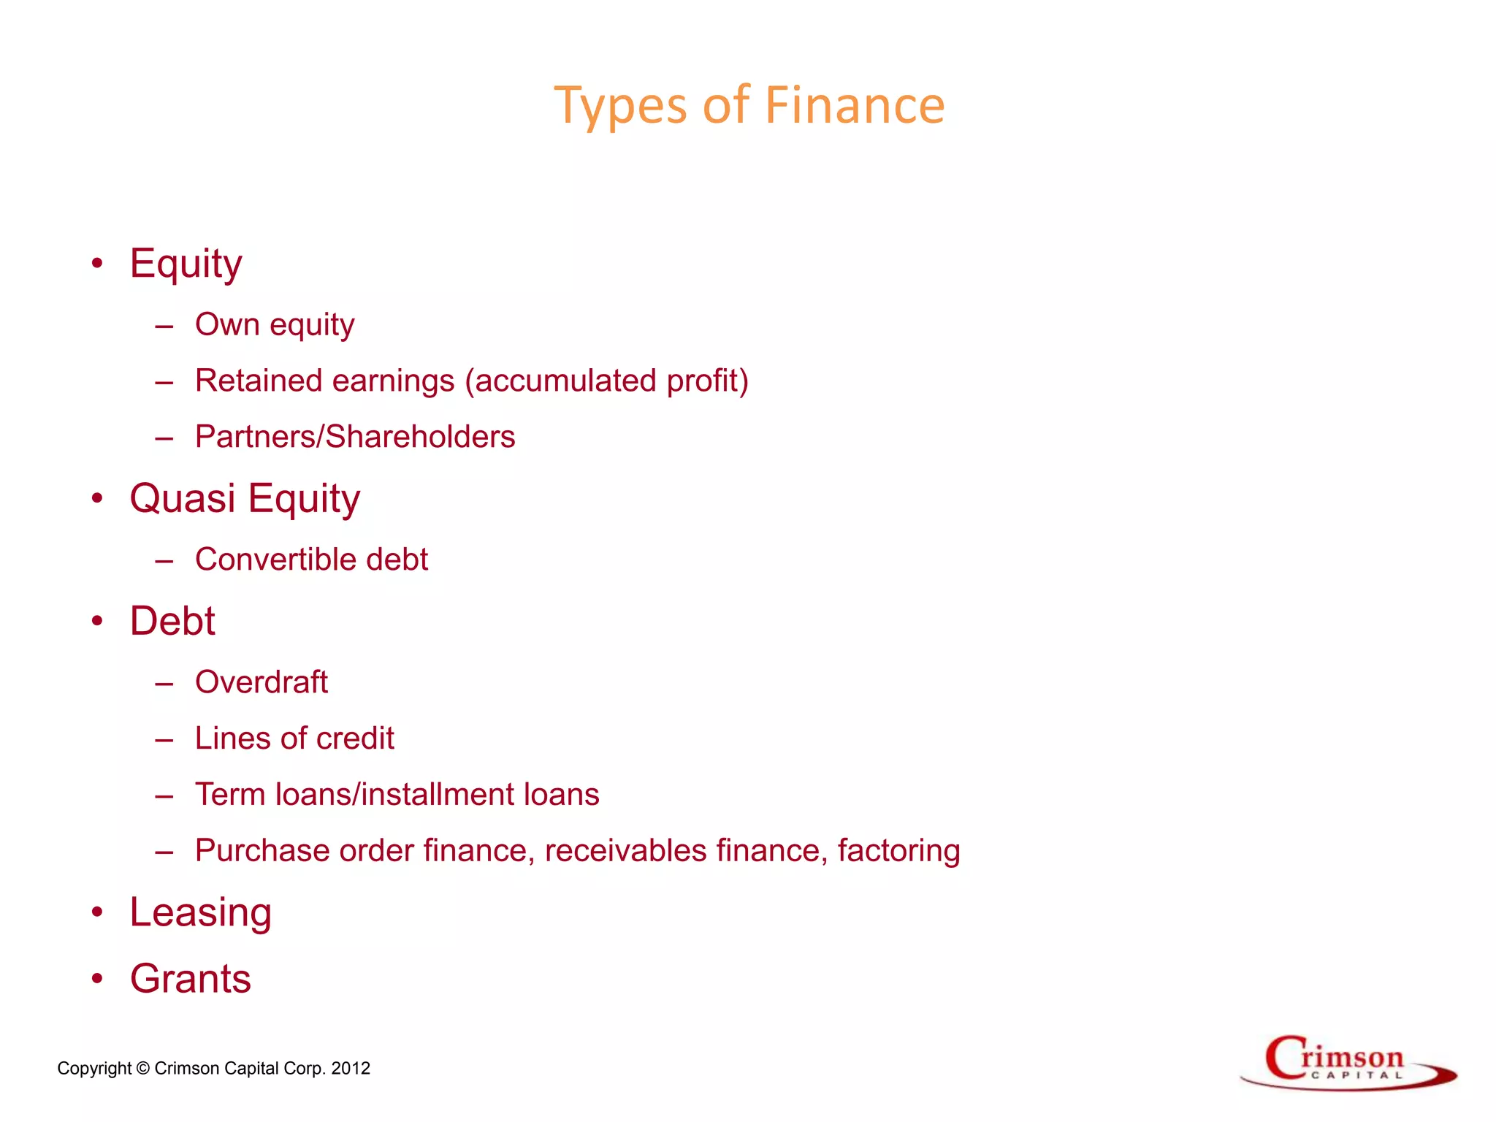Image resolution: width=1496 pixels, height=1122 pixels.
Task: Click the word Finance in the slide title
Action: (x=855, y=106)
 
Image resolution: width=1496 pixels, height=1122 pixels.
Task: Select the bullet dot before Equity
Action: (x=97, y=263)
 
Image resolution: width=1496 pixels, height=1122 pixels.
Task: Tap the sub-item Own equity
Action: (x=275, y=325)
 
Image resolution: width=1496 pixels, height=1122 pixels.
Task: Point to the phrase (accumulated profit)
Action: (x=607, y=381)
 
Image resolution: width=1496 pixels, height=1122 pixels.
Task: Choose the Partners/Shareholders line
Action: (x=355, y=437)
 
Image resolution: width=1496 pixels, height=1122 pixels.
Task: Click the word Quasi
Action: (x=183, y=499)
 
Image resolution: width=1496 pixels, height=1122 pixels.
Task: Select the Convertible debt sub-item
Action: (x=311, y=560)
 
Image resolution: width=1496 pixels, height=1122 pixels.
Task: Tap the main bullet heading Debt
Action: (x=172, y=622)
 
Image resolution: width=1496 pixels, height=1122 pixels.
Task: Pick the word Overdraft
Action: (x=262, y=682)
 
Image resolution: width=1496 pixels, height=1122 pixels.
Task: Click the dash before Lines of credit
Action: (x=164, y=739)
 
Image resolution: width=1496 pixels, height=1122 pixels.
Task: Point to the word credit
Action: (x=356, y=739)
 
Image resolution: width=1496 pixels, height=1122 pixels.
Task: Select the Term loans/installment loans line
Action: (x=397, y=795)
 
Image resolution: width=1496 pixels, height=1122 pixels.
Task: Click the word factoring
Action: (x=898, y=851)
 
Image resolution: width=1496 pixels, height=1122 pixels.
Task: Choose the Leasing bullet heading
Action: (x=201, y=913)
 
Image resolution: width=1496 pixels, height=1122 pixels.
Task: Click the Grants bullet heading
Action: (x=191, y=979)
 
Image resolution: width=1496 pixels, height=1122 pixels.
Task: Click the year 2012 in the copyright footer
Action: (x=351, y=1069)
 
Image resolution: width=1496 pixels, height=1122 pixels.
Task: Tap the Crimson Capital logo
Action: (x=1348, y=1063)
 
